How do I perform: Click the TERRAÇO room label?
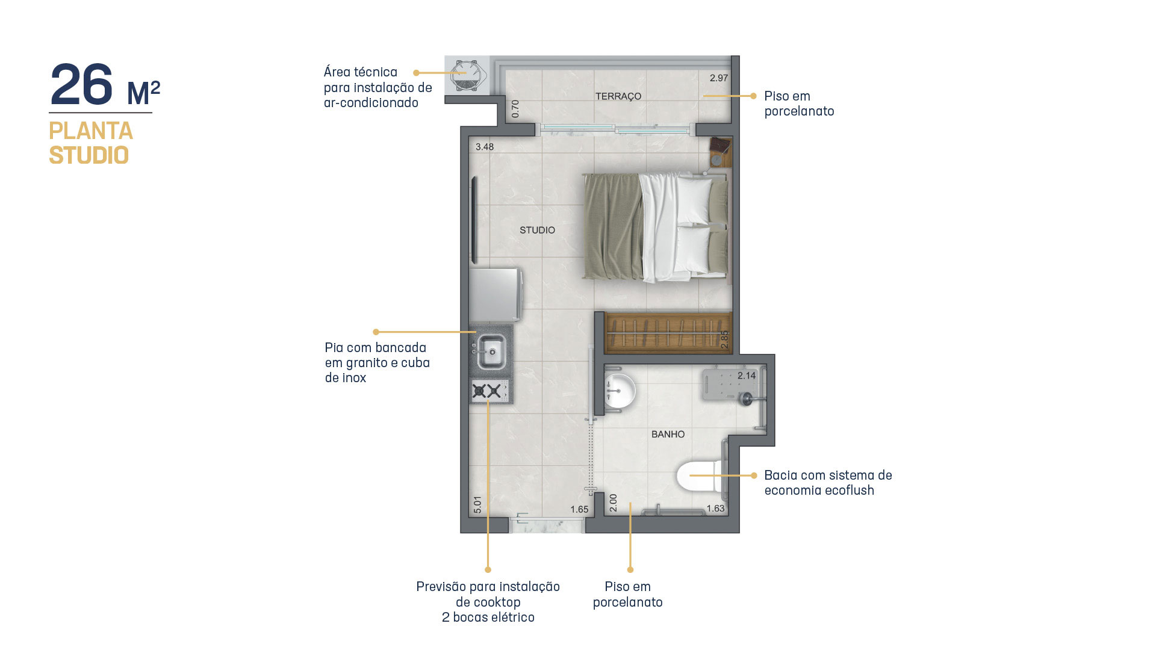pyautogui.click(x=618, y=96)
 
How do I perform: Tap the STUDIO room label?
pyautogui.click(x=538, y=230)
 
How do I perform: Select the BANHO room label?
pyautogui.click(x=668, y=434)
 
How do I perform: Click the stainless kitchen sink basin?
pyautogui.click(x=491, y=351)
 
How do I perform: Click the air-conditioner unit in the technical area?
pyautogui.click(x=467, y=76)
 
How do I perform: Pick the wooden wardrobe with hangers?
pyautogui.click(x=668, y=333)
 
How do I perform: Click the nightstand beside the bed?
pyautogui.click(x=720, y=152)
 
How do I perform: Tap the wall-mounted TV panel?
pyautogui.click(x=474, y=220)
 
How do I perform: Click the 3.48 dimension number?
pyautogui.click(x=485, y=147)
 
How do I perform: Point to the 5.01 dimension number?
pyautogui.click(x=477, y=504)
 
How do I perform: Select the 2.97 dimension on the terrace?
pyautogui.click(x=719, y=78)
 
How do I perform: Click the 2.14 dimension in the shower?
pyautogui.click(x=747, y=376)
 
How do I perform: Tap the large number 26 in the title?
pyautogui.click(x=82, y=85)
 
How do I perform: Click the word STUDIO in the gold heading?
pyautogui.click(x=89, y=155)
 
